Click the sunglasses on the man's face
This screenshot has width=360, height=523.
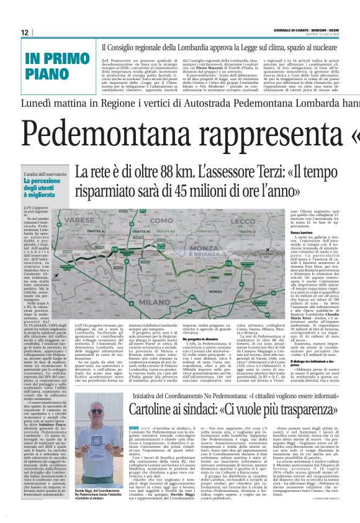[x=97, y=411]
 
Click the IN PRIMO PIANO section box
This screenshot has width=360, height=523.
[x=57, y=66]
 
